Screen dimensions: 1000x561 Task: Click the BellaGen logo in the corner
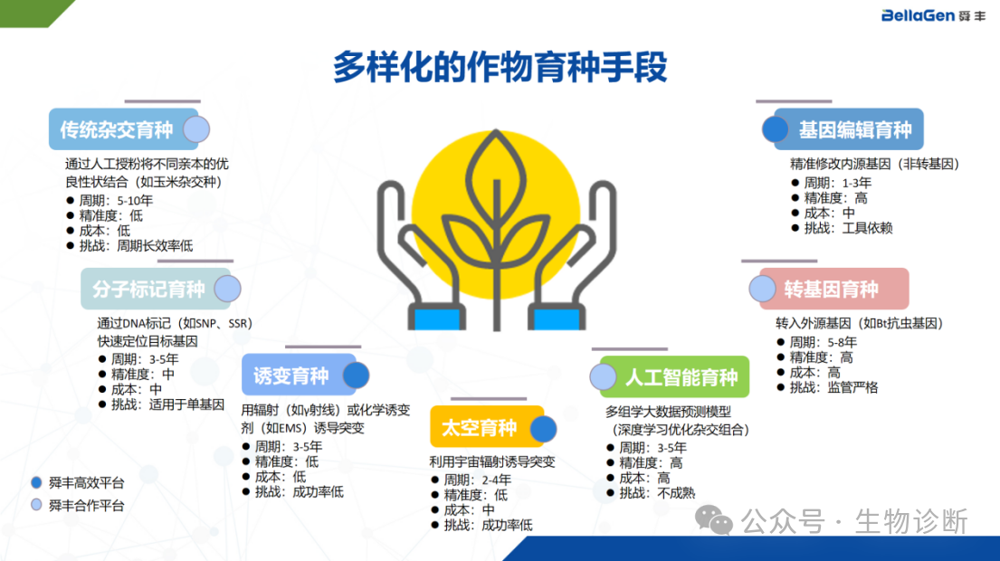tap(933, 14)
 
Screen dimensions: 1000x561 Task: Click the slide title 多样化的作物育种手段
tap(500, 67)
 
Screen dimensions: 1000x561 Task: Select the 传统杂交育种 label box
tap(124, 129)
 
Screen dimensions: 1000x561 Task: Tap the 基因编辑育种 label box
tap(849, 129)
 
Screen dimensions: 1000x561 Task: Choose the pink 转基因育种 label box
tap(834, 289)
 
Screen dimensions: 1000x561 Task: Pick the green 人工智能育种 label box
tap(675, 376)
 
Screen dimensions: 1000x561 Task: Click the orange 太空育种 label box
tap(487, 427)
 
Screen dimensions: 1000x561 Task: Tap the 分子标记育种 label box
tap(155, 289)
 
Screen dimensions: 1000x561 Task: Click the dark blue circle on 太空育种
tap(543, 429)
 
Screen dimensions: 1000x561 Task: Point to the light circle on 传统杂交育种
tap(196, 129)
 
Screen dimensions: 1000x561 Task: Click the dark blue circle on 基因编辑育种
tap(776, 129)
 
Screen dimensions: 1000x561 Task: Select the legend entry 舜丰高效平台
tap(78, 482)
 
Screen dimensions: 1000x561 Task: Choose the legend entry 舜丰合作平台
tap(78, 506)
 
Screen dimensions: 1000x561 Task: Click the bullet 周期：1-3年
tap(831, 183)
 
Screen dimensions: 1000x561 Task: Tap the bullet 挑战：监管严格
tap(827, 387)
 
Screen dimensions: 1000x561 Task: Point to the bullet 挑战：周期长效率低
tap(129, 246)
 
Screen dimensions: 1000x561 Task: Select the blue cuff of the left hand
tap(437, 319)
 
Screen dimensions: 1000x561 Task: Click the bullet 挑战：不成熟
tap(652, 493)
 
